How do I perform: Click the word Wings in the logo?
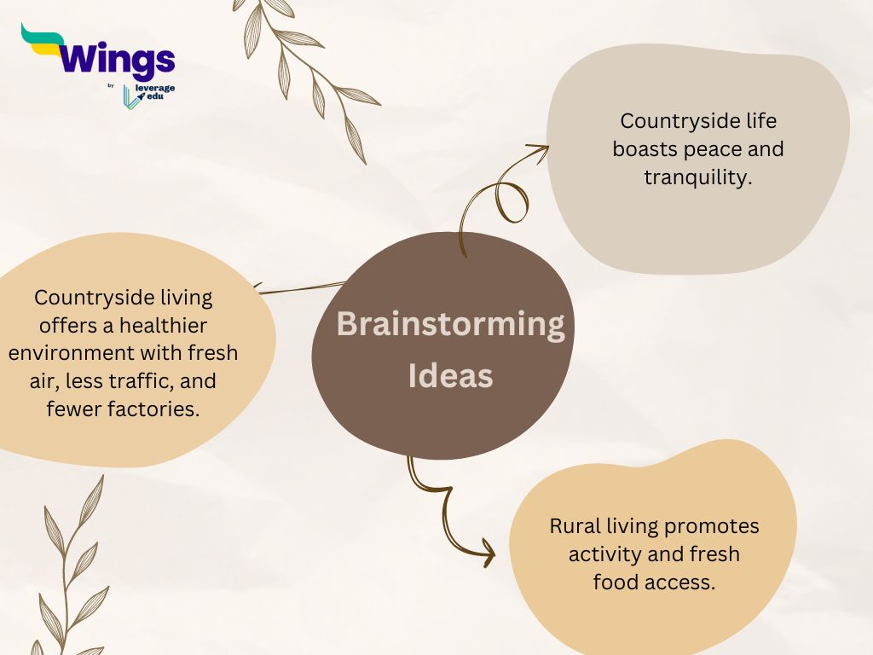point(117,58)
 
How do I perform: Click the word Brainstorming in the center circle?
point(450,323)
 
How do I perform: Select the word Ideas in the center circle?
point(450,375)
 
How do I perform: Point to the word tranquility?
point(698,177)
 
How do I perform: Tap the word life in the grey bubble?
point(761,120)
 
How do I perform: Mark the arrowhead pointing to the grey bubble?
point(541,150)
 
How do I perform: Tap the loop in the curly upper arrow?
point(512,201)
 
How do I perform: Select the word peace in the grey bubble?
point(712,150)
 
